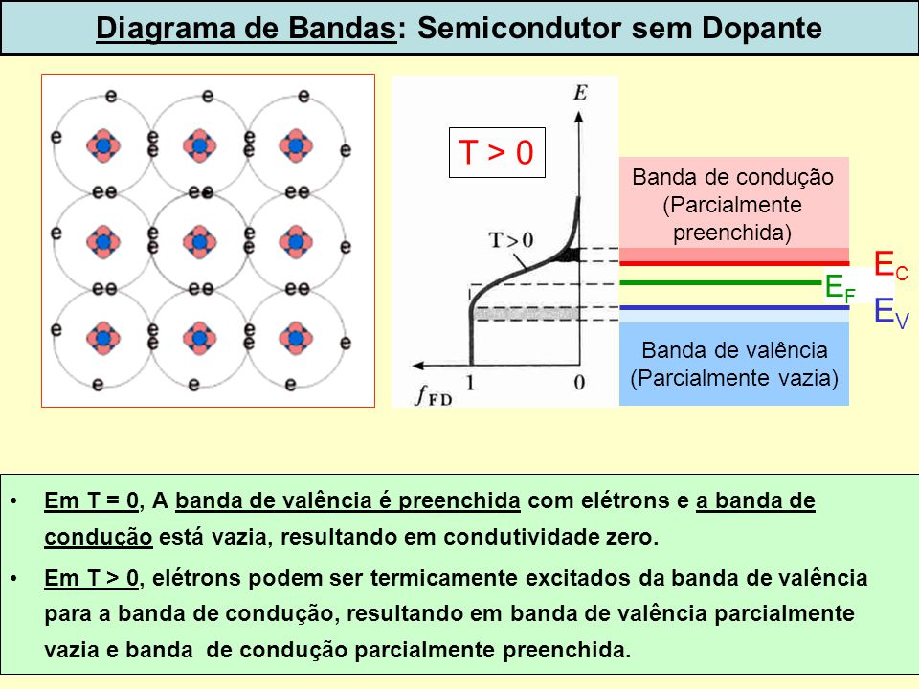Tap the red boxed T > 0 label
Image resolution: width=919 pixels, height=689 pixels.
coord(497,152)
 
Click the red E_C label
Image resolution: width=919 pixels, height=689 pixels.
coord(890,264)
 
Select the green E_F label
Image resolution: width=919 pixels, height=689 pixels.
coord(840,288)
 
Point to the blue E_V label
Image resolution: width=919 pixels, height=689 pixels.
coord(891,312)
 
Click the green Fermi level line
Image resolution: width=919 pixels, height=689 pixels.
coord(720,283)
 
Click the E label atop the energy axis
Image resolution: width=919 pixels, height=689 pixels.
coord(580,93)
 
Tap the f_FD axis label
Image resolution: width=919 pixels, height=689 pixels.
coord(434,395)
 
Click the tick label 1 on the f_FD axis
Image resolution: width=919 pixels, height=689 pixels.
coord(469,383)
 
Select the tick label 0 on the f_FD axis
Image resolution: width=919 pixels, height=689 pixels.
coord(579,383)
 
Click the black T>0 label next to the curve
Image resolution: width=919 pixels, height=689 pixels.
coord(511,239)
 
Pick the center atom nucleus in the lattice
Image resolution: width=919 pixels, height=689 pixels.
coord(200,242)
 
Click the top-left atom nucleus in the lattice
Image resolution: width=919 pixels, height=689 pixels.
coord(103,145)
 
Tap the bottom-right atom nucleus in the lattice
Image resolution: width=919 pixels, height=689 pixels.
coord(296,338)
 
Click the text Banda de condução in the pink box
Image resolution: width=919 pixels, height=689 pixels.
coord(732,177)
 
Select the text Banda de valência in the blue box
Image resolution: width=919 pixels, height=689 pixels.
coord(734,350)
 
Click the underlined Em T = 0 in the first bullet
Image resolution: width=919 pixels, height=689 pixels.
coord(92,500)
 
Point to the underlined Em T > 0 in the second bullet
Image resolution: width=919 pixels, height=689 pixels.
coord(92,578)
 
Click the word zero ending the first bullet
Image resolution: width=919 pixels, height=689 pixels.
coord(632,537)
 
